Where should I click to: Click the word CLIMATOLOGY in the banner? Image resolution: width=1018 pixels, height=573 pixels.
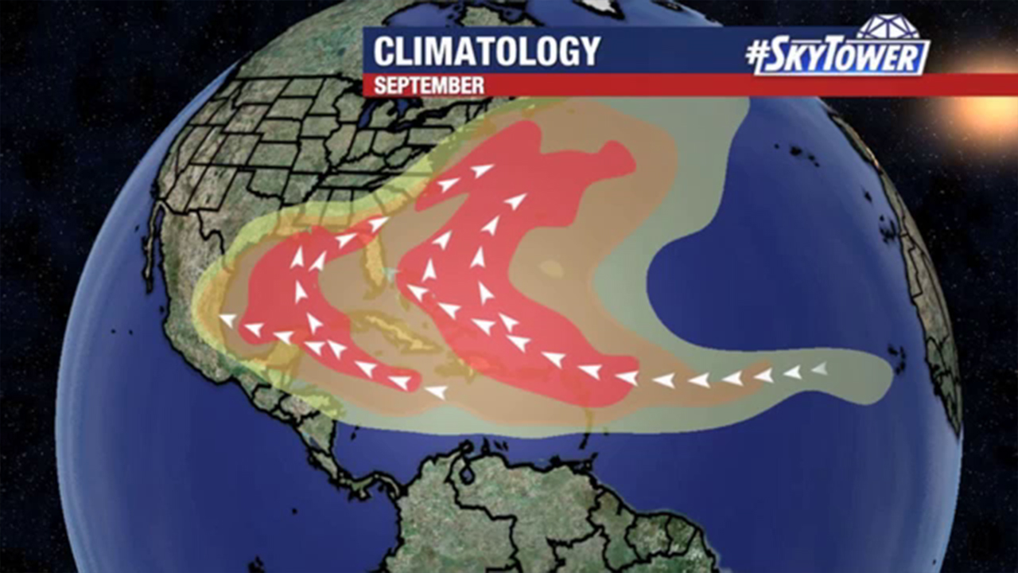[x=487, y=52]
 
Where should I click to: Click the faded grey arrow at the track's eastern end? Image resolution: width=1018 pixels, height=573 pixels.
[x=819, y=368]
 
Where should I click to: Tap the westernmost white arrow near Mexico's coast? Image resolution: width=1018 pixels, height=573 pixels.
[x=228, y=320]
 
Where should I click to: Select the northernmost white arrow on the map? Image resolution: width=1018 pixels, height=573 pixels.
[x=482, y=170]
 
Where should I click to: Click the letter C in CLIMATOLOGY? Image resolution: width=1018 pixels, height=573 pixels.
[x=385, y=52]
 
